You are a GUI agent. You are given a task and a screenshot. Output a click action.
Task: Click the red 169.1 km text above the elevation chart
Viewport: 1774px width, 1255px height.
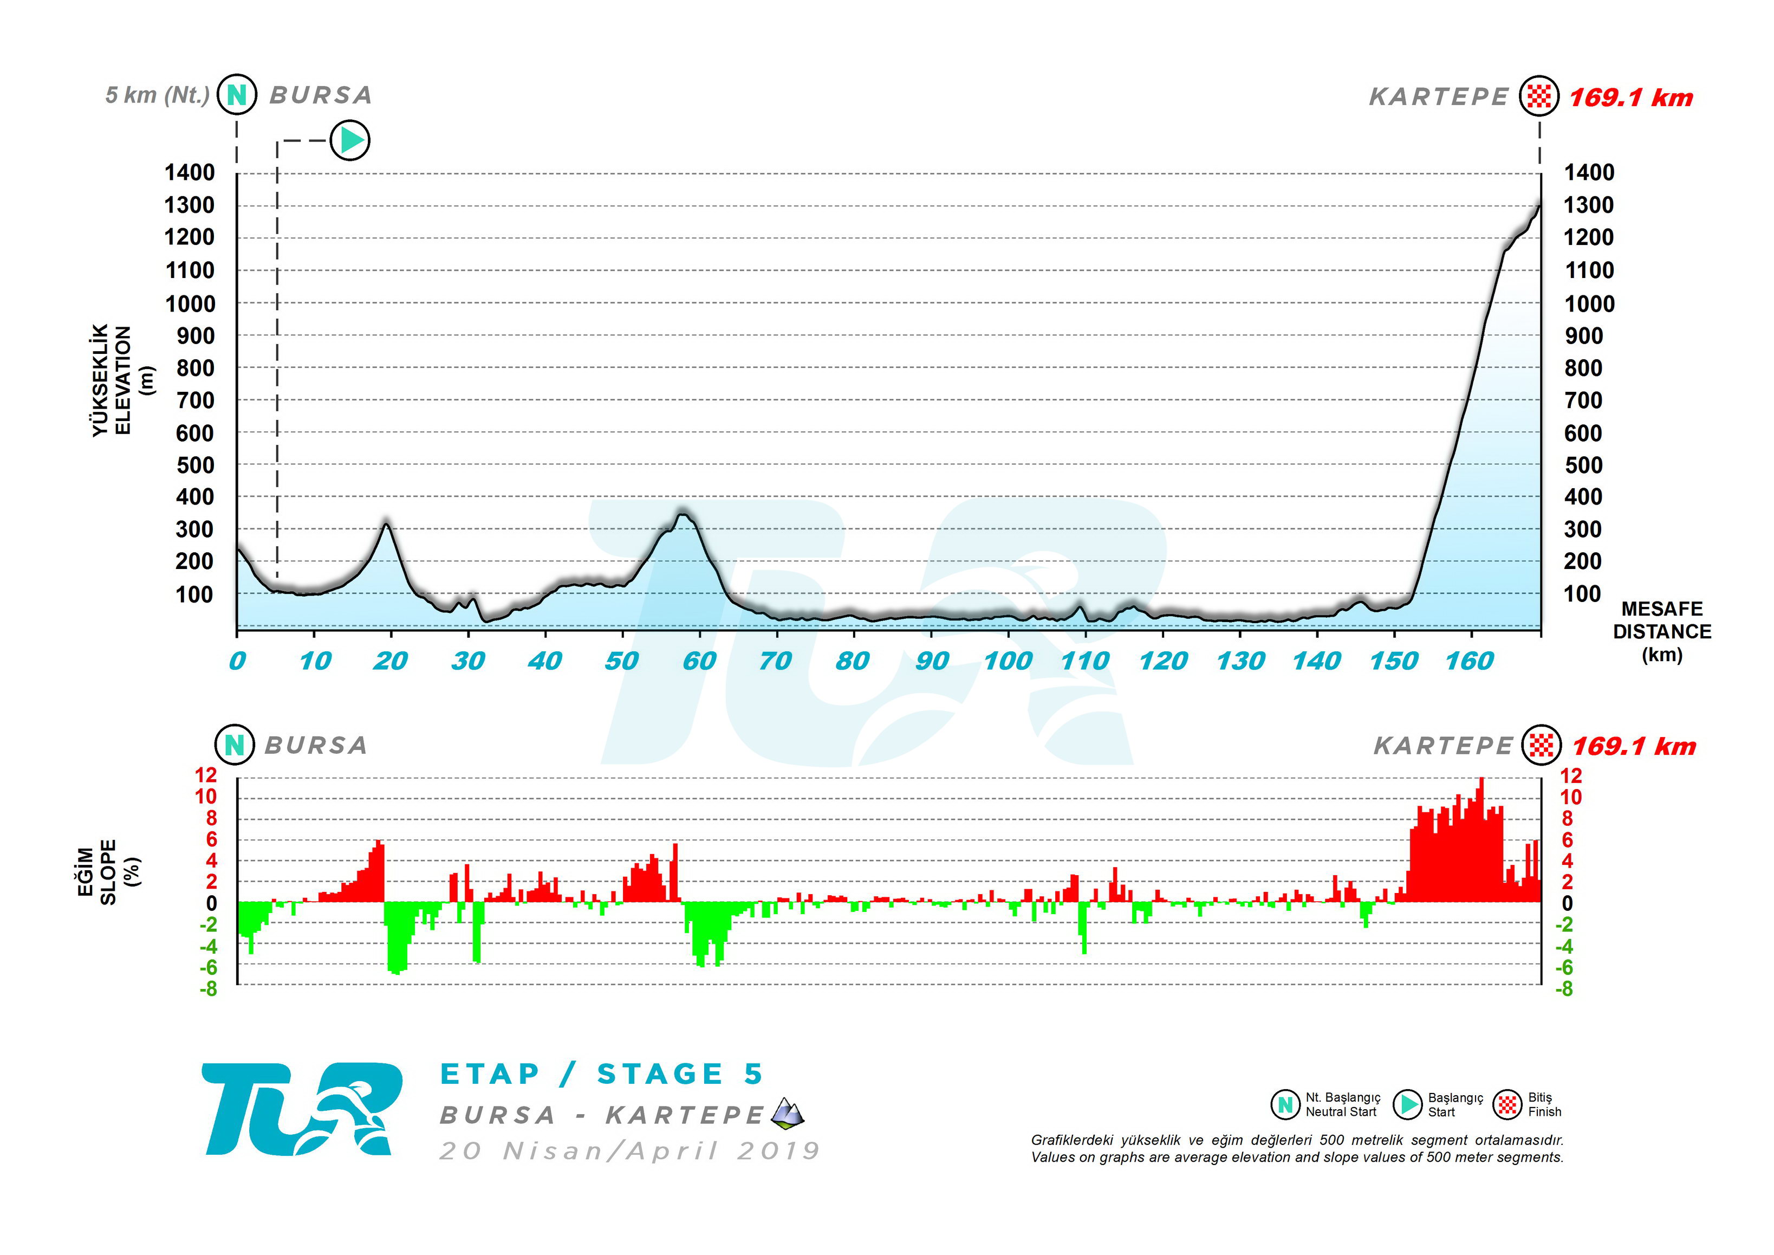[1630, 98]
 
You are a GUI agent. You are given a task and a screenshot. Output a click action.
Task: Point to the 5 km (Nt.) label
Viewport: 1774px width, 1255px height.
[158, 95]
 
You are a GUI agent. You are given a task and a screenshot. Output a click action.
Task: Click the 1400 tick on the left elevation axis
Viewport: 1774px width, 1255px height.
[189, 172]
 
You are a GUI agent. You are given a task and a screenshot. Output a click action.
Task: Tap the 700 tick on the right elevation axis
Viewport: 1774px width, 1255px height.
[1583, 400]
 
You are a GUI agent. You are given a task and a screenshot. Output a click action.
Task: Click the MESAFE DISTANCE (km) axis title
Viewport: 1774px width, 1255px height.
[1662, 631]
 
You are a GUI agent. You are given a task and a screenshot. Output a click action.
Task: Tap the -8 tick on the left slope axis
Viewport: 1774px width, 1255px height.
[208, 989]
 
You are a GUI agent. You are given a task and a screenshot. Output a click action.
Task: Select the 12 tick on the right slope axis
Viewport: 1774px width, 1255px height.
[1571, 776]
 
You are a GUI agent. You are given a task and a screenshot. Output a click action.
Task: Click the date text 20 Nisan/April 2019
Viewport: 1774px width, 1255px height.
[630, 1152]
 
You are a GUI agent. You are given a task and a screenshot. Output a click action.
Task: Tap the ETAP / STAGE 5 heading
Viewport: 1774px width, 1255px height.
[601, 1074]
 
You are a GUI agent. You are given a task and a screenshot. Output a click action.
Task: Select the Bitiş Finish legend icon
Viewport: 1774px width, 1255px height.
[1506, 1105]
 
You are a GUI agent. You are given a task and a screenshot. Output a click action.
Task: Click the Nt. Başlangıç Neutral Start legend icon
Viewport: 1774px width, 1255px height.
[1285, 1105]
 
